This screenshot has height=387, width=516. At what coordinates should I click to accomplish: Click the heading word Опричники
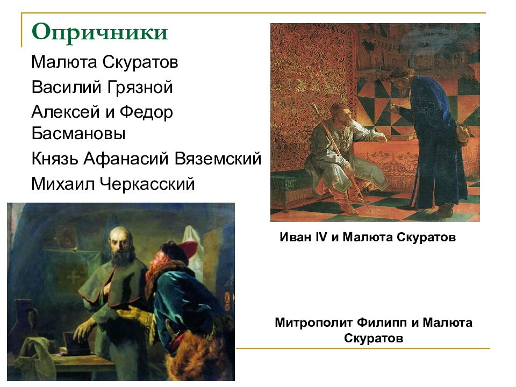tap(99, 33)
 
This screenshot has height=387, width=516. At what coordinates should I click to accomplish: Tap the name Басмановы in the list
tap(78, 133)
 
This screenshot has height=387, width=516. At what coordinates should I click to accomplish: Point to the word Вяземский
tap(218, 159)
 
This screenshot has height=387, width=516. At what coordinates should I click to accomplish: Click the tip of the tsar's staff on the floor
tap(368, 212)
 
